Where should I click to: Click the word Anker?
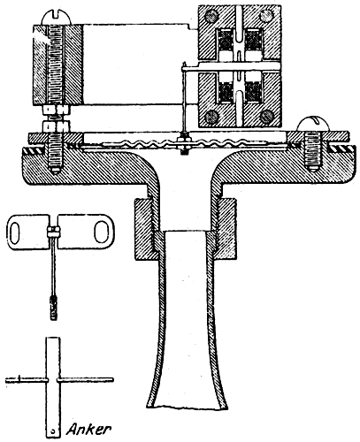coord(88,430)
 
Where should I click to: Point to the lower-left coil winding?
coord(226,91)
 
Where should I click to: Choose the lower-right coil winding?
coord(253,91)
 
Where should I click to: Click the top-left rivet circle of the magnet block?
coord(211,15)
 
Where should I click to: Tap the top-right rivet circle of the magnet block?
coord(267,15)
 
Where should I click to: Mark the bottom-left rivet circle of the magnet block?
coord(211,117)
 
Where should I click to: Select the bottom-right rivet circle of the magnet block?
coord(267,116)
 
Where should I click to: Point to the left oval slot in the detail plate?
coord(15,232)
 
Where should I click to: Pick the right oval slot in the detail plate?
coord(102,232)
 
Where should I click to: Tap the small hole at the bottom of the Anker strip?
coord(52,431)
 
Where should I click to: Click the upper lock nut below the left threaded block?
coord(57,110)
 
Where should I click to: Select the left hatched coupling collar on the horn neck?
coord(145,229)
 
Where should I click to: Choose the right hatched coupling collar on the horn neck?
coord(226,229)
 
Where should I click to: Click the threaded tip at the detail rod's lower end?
coord(53,308)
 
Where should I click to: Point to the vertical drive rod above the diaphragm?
coord(184,98)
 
